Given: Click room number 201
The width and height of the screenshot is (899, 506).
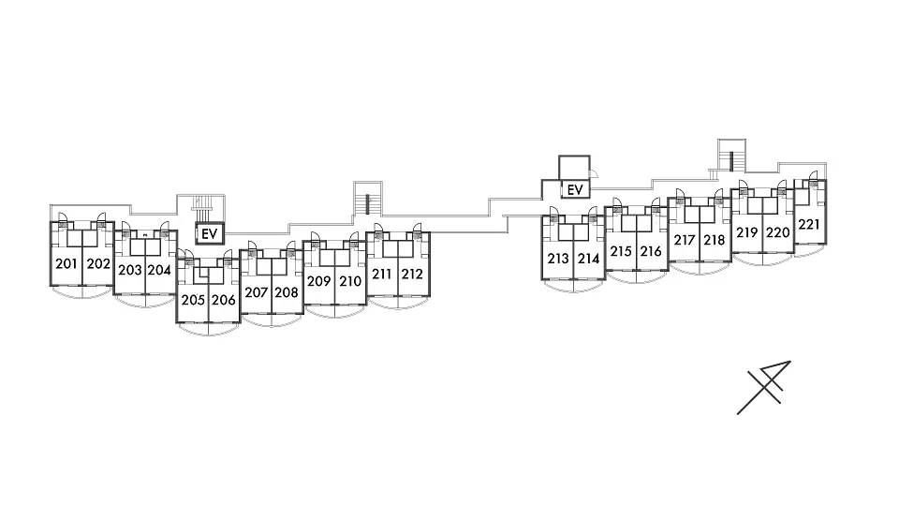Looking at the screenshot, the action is tap(66, 264).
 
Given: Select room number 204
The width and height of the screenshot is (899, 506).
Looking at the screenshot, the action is tap(159, 270).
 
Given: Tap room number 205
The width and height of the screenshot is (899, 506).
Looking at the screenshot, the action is tap(193, 300).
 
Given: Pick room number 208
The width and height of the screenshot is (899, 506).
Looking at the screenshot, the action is tap(287, 292).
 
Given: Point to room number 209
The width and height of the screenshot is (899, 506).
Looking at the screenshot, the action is tap(318, 281).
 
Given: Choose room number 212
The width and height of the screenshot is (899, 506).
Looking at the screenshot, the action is tap(412, 275).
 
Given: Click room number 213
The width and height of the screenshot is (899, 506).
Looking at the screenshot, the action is tap(558, 259).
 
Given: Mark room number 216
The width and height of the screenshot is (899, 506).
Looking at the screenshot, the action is tap(651, 251).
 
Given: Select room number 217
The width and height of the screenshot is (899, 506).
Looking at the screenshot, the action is tap(685, 240).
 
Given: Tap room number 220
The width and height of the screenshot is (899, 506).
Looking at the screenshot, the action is tap(778, 232).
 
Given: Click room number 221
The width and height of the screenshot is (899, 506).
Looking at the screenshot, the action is tap(809, 224).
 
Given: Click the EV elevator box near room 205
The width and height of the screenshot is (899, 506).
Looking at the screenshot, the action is tap(209, 233).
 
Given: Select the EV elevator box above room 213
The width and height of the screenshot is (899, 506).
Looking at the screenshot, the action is tap(575, 189).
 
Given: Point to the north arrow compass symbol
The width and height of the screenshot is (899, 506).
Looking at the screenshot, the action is tap(764, 388).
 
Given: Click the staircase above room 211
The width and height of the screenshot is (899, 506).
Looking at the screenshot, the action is tap(367, 199).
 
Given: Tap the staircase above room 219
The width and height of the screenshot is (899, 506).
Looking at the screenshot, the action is tap(732, 156).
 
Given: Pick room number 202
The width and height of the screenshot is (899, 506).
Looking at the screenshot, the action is tap(98, 264).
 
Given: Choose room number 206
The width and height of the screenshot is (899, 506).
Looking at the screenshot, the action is tap(224, 300).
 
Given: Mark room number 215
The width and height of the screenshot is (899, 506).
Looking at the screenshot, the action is tap(620, 251).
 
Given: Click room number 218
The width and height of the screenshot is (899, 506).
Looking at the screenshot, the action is tap(715, 240).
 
